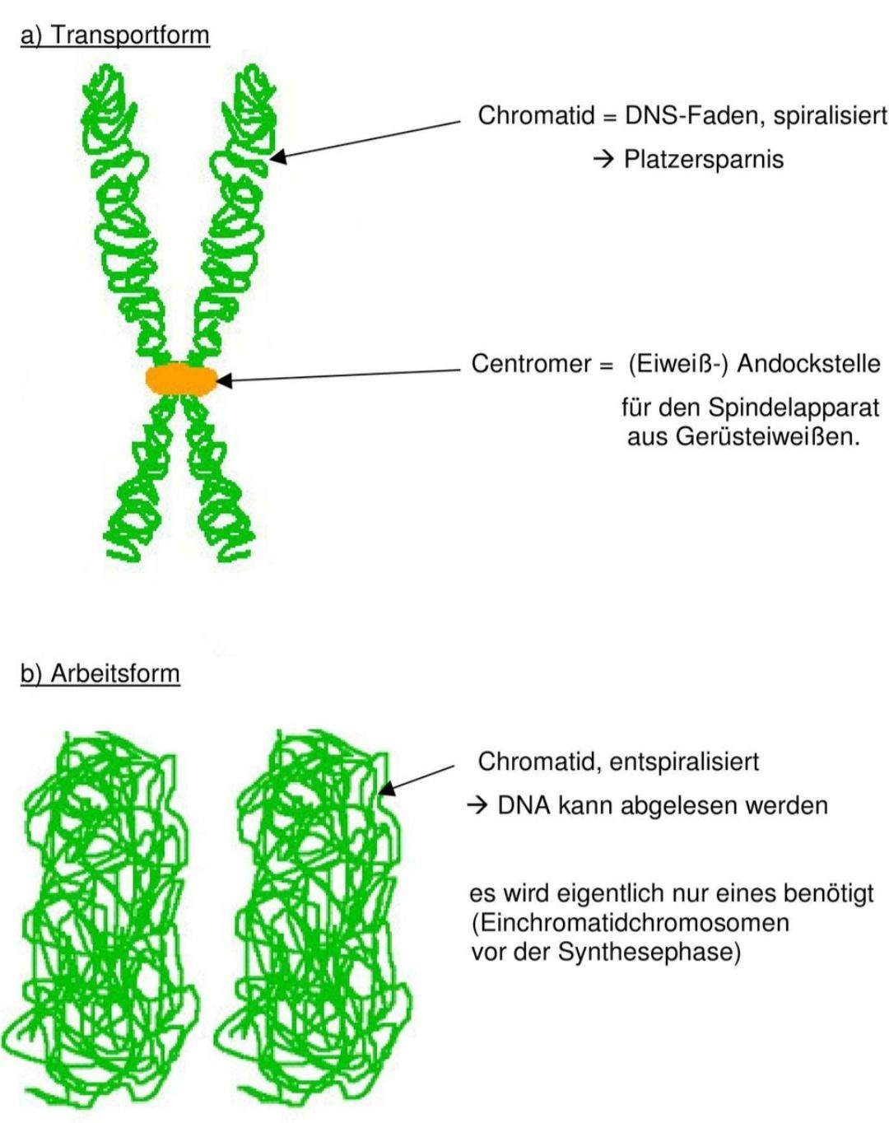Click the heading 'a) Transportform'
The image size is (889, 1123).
coord(114,35)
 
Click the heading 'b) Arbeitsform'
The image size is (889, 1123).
coord(100,673)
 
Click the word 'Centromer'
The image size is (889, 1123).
coord(531,363)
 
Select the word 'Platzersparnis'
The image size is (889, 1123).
coord(703,159)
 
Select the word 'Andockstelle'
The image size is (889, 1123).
coord(808,363)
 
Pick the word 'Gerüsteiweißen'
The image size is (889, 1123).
coord(767,436)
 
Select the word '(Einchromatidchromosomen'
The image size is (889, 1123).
coord(630,922)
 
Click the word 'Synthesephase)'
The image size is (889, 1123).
coord(649,952)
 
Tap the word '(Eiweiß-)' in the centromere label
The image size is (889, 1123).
coord(677,363)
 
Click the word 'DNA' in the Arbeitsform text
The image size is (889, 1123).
coord(524,805)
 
